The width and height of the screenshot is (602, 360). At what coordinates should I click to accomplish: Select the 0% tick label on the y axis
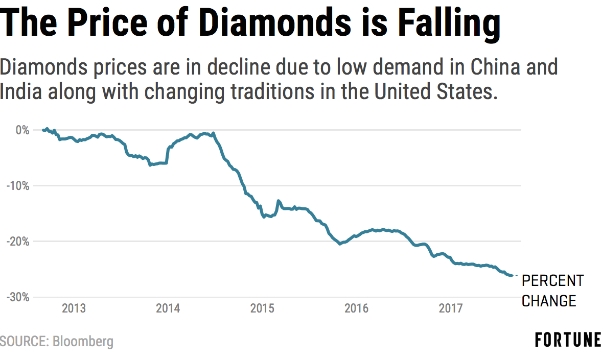(x=23, y=130)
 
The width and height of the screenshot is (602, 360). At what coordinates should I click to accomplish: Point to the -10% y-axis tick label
(x=19, y=186)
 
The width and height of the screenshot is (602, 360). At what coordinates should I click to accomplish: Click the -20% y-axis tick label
(x=19, y=242)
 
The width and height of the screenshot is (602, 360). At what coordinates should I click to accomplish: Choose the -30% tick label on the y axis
(x=19, y=297)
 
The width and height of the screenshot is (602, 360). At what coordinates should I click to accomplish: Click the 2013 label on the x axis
(x=74, y=308)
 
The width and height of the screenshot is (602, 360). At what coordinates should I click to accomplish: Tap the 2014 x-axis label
(x=168, y=308)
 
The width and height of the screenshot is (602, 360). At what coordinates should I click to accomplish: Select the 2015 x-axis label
(x=262, y=308)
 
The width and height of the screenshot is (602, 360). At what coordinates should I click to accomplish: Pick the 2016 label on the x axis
(x=356, y=308)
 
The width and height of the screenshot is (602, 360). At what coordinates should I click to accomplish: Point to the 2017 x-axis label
(x=450, y=308)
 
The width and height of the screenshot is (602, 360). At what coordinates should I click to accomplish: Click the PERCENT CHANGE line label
(x=552, y=291)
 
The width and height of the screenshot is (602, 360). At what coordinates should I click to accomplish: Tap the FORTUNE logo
(x=568, y=340)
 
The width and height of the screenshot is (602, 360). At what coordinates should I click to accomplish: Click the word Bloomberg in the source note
(x=83, y=341)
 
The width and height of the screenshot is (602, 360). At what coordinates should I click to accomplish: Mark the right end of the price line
(x=512, y=276)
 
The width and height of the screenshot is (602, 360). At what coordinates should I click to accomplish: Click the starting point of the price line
(x=43, y=130)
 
